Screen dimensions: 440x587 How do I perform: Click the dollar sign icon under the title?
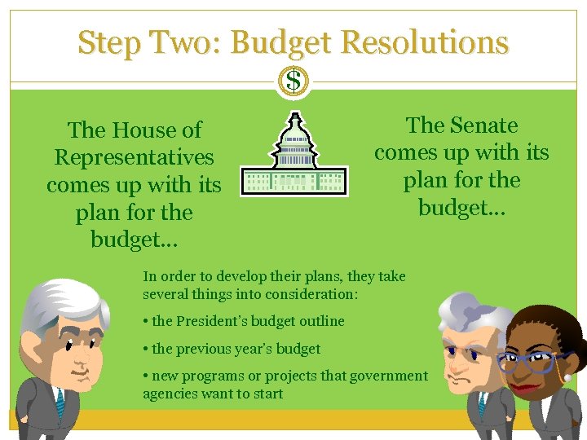pos(293,81)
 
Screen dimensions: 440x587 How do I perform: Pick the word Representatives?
pos(134,157)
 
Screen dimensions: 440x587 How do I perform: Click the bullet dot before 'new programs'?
pos(145,376)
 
